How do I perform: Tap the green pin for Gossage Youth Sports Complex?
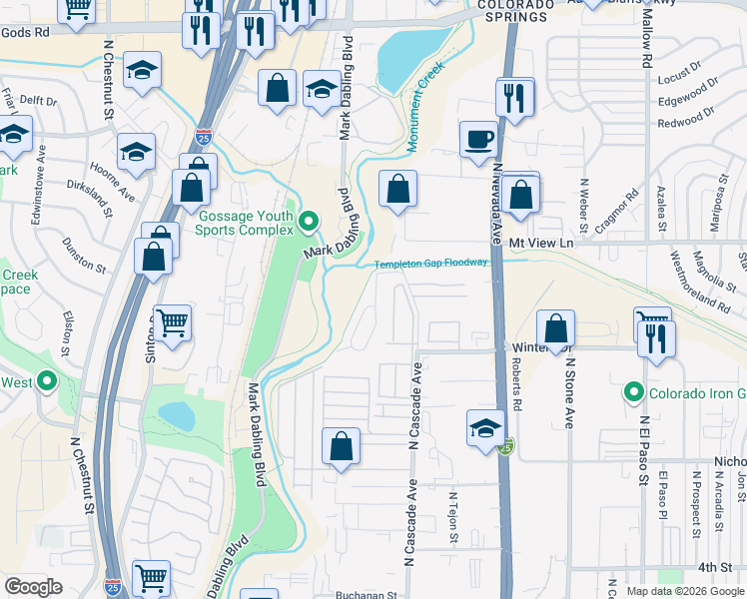click(x=310, y=220)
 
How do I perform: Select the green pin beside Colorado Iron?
click(x=633, y=391)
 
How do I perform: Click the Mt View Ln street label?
click(x=541, y=243)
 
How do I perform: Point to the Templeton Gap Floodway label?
click(x=431, y=264)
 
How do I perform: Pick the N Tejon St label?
click(x=453, y=518)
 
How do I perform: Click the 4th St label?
click(x=714, y=567)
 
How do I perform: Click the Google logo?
click(x=34, y=587)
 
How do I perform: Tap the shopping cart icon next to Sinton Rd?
click(x=173, y=322)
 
